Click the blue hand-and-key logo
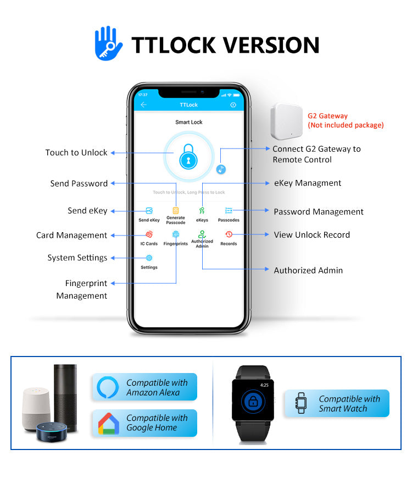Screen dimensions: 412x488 [x=108, y=43]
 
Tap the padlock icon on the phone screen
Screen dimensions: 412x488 [x=188, y=156]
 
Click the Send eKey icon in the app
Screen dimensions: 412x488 [x=149, y=211]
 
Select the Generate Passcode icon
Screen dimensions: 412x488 [x=176, y=210]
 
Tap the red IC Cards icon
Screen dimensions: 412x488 [x=149, y=234]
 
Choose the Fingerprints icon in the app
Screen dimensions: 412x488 [x=176, y=234]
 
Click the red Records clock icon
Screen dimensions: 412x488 [x=229, y=234]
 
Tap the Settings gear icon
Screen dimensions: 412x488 [x=149, y=257]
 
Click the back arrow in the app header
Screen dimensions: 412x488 [x=143, y=105]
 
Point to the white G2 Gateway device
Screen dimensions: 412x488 [x=286, y=121]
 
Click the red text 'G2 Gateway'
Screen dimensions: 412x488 [x=327, y=116]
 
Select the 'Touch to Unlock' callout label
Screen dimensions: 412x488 [x=76, y=152]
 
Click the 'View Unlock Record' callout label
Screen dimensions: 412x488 [x=311, y=235]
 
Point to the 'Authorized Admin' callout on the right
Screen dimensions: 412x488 [x=308, y=270]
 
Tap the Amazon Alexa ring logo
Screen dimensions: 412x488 [x=108, y=387]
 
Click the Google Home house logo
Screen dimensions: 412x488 [x=108, y=424]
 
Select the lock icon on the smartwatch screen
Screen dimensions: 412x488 [x=253, y=401]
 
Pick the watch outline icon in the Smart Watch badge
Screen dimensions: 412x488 [x=301, y=403]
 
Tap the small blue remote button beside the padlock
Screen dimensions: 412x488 [x=221, y=169]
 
